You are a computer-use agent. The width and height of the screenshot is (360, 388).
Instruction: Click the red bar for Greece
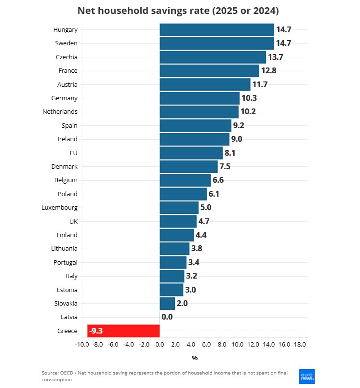pyautogui.click(x=123, y=331)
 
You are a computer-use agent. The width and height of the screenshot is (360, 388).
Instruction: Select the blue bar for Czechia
pyautogui.click(x=213, y=57)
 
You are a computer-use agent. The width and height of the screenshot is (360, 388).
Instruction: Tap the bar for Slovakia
pyautogui.click(x=167, y=303)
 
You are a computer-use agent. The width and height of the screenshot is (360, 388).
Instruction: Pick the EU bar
pyautogui.click(x=191, y=153)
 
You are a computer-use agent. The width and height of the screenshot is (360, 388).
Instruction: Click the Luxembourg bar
pyautogui.click(x=179, y=208)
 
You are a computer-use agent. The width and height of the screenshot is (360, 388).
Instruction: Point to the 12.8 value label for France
pyautogui.click(x=269, y=70)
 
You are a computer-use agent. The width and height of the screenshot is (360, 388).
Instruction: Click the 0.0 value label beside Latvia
pyautogui.click(x=167, y=317)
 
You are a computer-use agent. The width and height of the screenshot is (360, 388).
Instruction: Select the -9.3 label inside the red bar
pyautogui.click(x=96, y=331)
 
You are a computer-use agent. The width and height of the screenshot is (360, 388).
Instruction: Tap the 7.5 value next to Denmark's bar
pyautogui.click(x=225, y=167)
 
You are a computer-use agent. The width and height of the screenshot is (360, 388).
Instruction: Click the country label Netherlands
pyautogui.click(x=60, y=112)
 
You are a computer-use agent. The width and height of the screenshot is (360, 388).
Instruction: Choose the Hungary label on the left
pyautogui.click(x=66, y=30)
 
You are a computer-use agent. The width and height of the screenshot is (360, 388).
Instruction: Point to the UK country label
pyautogui.click(x=73, y=221)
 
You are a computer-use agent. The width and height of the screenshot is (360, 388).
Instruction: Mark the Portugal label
pyautogui.click(x=66, y=263)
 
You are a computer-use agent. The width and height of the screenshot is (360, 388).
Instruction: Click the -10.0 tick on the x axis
pyautogui.click(x=82, y=345)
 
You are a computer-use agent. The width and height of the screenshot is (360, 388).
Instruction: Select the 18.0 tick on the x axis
pyautogui.click(x=300, y=345)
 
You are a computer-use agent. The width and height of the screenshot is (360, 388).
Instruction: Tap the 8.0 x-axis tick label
pyautogui.click(x=222, y=345)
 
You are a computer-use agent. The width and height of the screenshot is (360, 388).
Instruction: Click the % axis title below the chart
pyautogui.click(x=195, y=358)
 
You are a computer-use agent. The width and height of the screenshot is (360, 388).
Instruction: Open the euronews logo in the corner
pyautogui.click(x=307, y=376)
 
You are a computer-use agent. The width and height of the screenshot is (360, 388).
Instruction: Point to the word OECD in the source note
pyautogui.click(x=67, y=373)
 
